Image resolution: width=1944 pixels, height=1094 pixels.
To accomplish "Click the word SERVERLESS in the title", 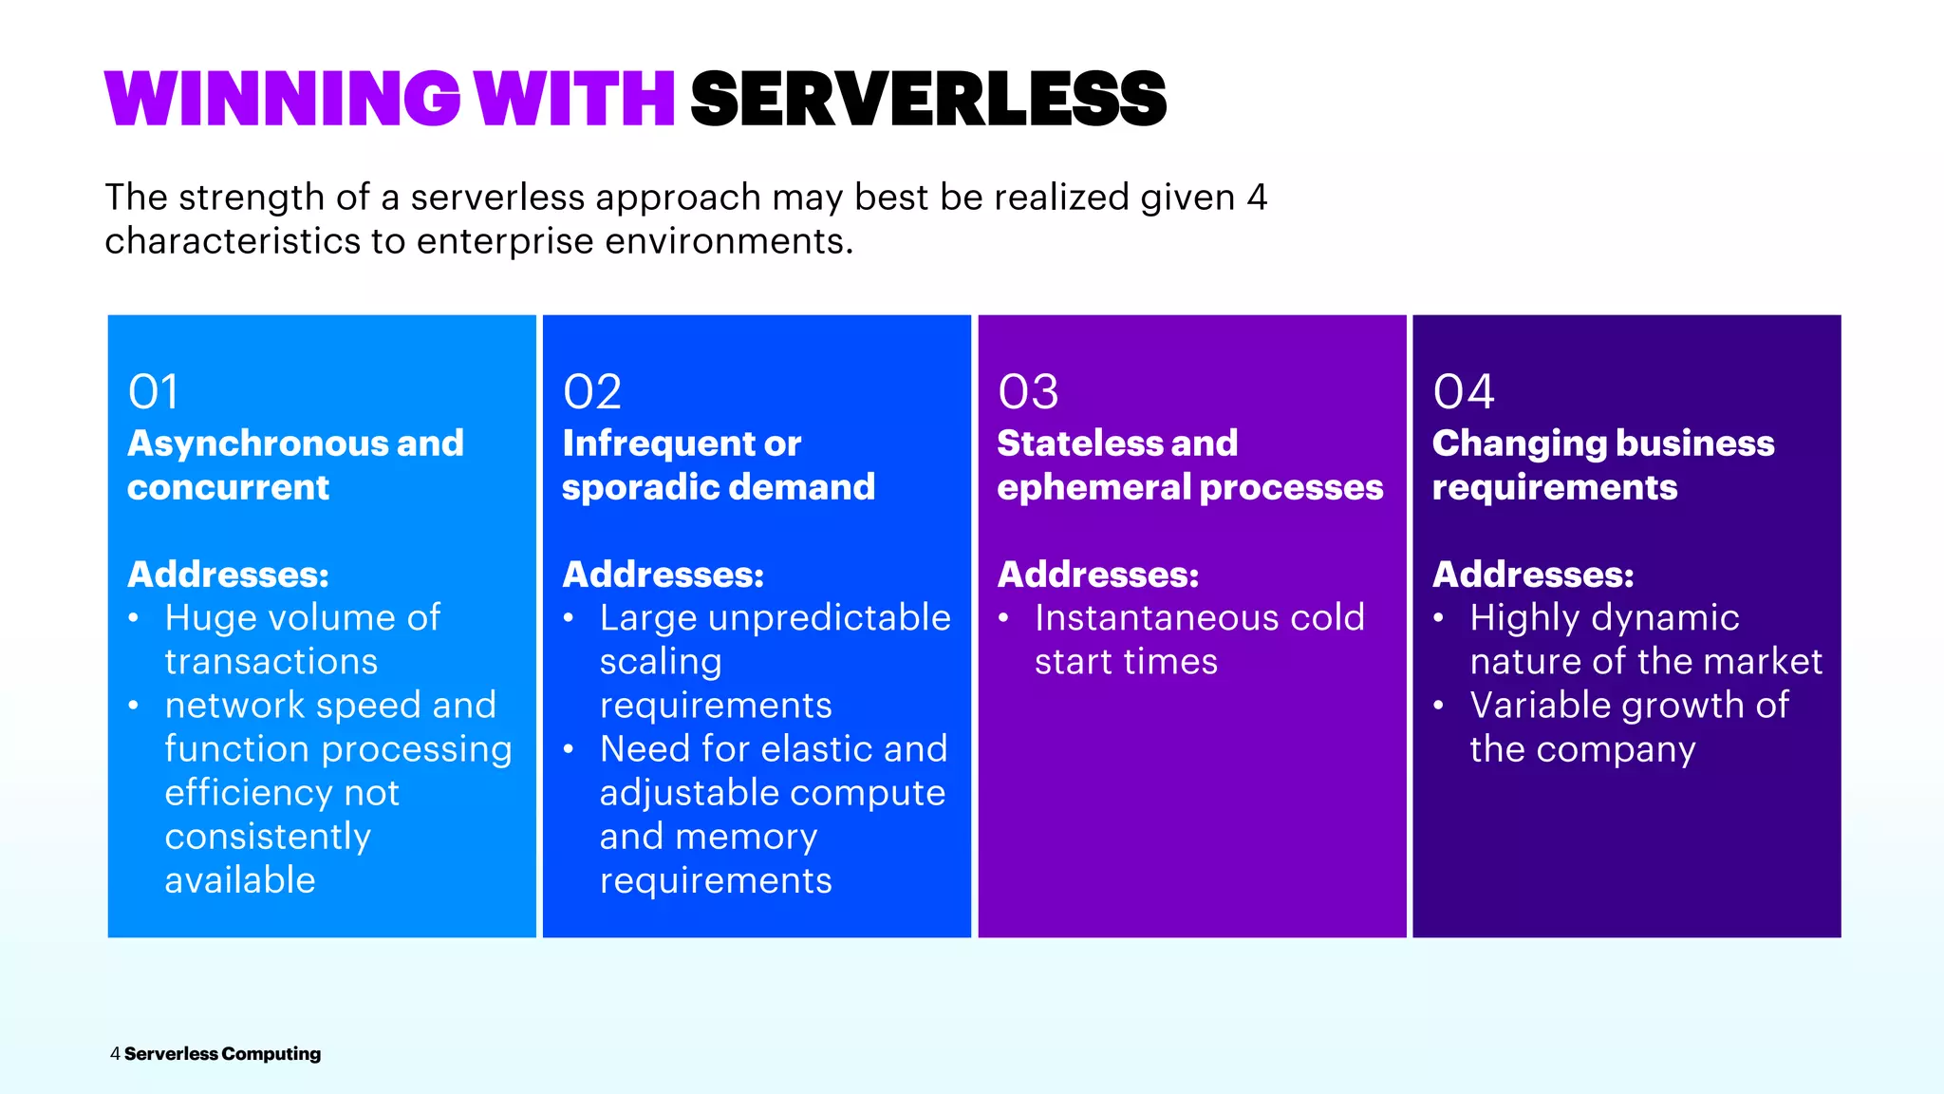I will (928, 100).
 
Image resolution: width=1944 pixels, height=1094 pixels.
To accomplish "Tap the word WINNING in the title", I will (283, 100).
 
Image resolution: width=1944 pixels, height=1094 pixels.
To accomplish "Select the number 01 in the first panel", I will (153, 392).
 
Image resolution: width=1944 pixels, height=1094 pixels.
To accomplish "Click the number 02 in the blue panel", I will (592, 392).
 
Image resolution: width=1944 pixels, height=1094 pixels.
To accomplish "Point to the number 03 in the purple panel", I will (1028, 392).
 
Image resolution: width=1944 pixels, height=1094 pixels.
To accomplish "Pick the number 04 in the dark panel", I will (1464, 392).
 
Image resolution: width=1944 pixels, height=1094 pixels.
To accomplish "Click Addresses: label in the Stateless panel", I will (1098, 575).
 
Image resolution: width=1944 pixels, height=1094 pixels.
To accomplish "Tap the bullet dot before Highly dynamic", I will (1439, 619).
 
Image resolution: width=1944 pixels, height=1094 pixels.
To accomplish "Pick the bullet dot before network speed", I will (134, 707).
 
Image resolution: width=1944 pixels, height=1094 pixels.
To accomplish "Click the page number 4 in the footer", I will (115, 1054).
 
